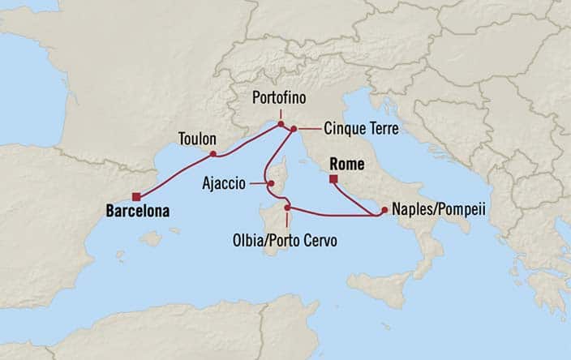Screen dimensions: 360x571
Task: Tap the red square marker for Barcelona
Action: pos(137,195)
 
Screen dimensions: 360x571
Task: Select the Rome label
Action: pos(346,165)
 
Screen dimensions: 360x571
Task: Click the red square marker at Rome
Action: pos(333,180)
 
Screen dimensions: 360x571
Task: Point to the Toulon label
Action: pos(196,139)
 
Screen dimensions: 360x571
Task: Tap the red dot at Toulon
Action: pos(213,154)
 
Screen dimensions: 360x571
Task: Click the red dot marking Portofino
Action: pos(281,125)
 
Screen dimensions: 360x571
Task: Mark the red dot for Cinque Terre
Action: pos(293,129)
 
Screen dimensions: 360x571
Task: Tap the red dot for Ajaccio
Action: pos(272,183)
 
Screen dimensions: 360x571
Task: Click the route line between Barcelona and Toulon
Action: pos(174,174)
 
